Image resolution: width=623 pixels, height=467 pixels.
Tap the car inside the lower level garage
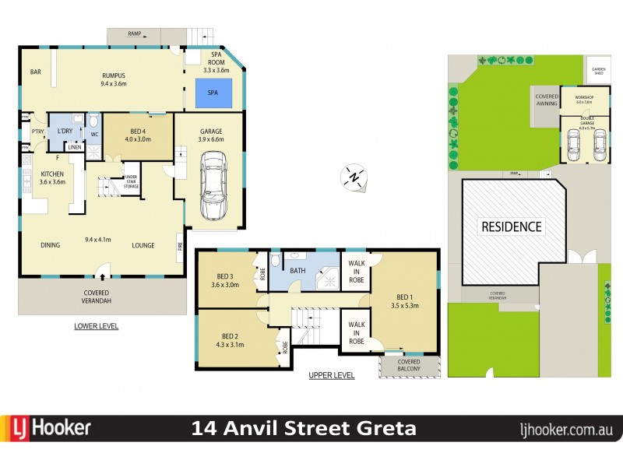point(213,187)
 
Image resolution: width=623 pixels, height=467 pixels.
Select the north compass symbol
point(354,177)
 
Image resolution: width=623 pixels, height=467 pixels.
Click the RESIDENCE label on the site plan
point(510,227)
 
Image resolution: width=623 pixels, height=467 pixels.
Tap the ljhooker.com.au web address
point(567,428)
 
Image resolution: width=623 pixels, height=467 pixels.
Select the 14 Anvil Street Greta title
point(304,428)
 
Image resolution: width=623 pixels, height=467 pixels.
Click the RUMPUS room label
point(114,79)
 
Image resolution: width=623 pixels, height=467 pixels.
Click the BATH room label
point(298,271)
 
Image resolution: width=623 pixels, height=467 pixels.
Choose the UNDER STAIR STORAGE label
point(132,181)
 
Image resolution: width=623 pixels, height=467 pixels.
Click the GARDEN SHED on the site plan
point(598,70)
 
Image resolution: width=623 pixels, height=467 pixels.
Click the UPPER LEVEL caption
point(331,375)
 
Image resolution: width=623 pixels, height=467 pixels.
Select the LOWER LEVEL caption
point(96,326)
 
